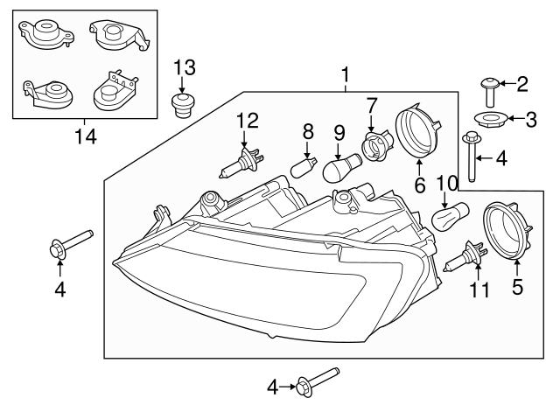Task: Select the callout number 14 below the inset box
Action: (85, 136)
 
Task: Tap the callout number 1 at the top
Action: (346, 76)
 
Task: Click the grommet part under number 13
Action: (182, 107)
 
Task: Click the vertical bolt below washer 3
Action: (473, 154)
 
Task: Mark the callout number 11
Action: (479, 289)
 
